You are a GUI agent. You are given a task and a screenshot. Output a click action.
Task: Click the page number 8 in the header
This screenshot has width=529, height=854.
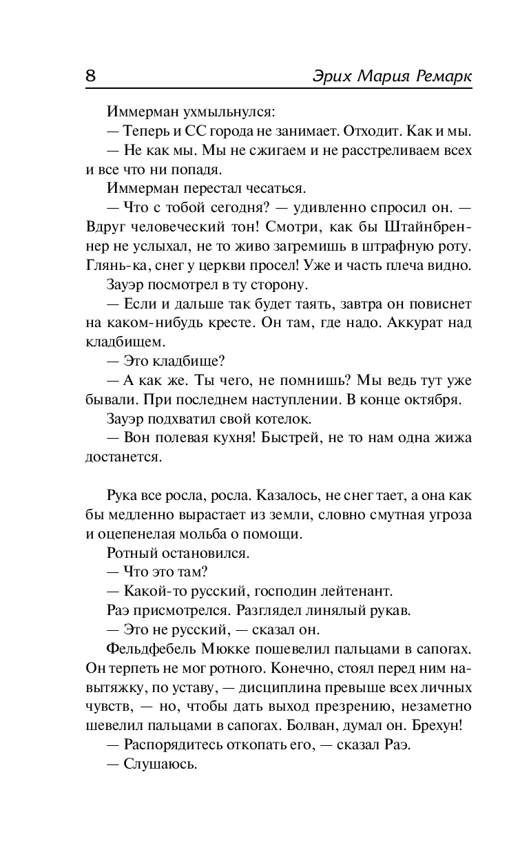coord(90,76)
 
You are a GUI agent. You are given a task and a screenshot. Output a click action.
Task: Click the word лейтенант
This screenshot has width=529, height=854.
coord(353,591)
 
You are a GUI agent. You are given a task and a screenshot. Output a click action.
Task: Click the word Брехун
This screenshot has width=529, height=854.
coord(438,725)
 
